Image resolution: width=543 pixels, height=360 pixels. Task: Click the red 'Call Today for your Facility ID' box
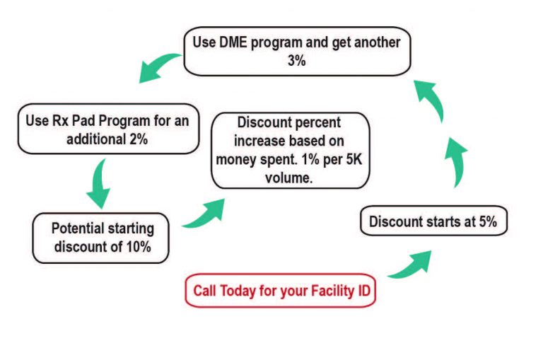click(x=280, y=291)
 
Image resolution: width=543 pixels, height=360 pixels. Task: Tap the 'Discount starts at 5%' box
click(x=433, y=221)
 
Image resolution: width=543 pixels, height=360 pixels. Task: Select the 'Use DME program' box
click(x=297, y=52)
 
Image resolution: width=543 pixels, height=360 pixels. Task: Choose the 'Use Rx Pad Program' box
click(x=108, y=129)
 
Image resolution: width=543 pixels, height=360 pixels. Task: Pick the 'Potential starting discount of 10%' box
click(x=101, y=238)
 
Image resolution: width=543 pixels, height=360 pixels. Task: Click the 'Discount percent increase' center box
click(x=290, y=151)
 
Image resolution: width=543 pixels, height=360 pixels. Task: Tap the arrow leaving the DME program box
click(x=158, y=66)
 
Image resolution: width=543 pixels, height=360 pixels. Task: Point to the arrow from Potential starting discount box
click(x=205, y=215)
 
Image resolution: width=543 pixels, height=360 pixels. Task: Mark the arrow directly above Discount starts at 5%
click(x=457, y=162)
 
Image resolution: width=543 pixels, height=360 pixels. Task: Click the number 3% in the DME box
click(x=297, y=61)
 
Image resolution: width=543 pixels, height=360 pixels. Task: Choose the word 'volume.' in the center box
click(x=289, y=178)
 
